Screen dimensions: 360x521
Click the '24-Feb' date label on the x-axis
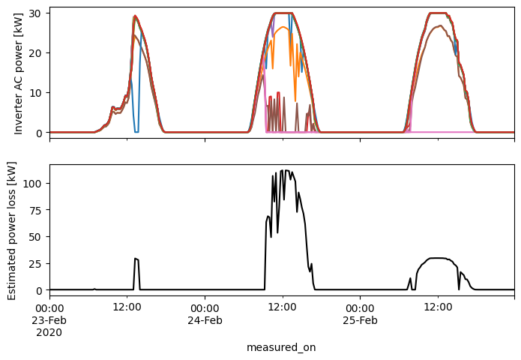(205, 320)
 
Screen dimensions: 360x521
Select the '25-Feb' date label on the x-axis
(360, 320)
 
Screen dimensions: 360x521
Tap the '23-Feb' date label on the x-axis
(50, 320)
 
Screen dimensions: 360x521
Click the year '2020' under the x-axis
(50, 332)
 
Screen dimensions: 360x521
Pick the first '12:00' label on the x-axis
(127, 307)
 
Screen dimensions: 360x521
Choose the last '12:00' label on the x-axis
(438, 307)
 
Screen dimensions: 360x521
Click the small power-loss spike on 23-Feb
(136, 259)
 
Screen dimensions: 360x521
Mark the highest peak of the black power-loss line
(283, 171)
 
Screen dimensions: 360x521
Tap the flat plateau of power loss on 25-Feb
(438, 259)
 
